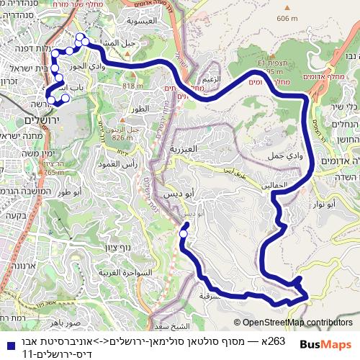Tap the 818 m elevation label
132,86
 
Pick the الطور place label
140,109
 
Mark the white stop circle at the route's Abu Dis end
184,233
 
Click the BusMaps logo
326,344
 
